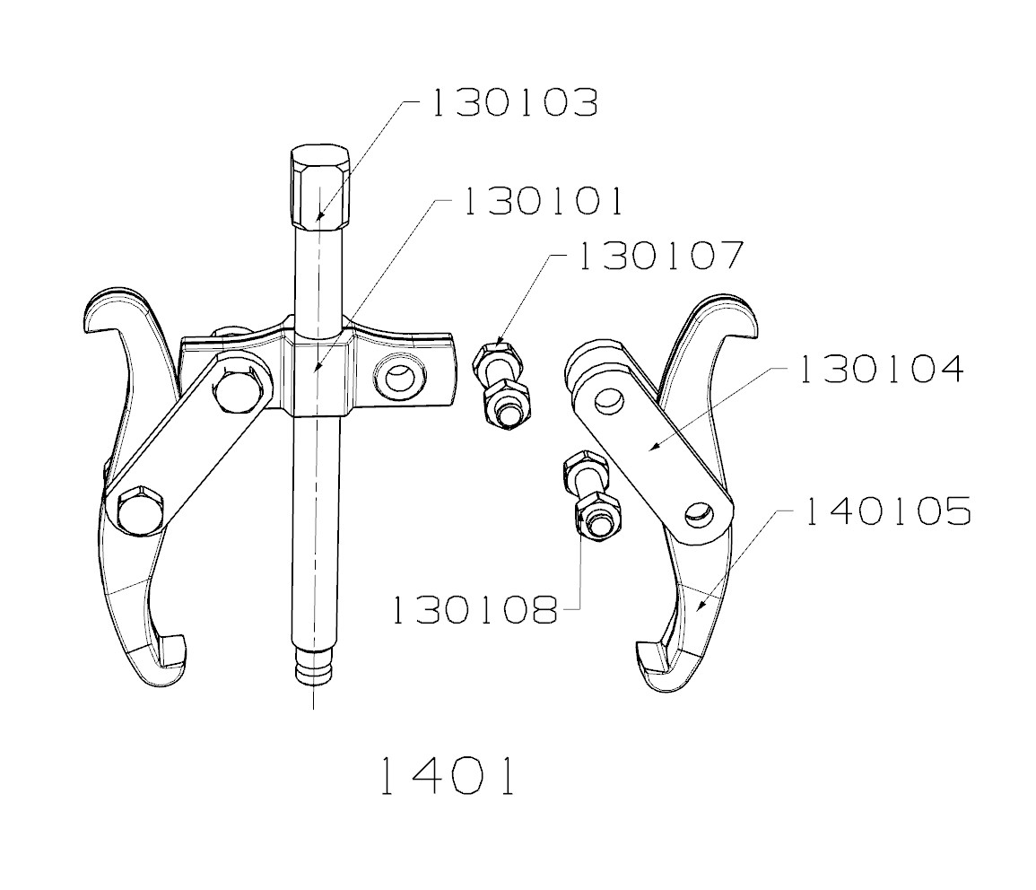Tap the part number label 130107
coord(661,256)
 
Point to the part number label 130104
coord(881,369)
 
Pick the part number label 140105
coord(887,511)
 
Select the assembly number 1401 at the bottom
coord(446,777)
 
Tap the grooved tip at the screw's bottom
coord(313,671)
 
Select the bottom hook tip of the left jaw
coord(170,650)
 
